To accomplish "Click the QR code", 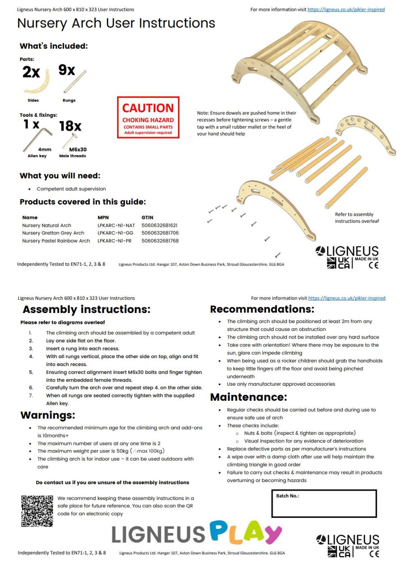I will [37, 511].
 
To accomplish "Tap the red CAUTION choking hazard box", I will [148, 118].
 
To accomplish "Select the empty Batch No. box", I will [324, 504].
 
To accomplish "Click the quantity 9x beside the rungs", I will [67, 70].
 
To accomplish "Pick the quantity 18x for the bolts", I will [70, 126].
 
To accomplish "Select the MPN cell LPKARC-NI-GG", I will [115, 233].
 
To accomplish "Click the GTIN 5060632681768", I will [160, 241].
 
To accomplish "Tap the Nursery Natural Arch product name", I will [47, 225].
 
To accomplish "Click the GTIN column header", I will [147, 217].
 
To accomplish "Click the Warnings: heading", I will [48, 415].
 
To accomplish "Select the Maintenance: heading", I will [249, 397].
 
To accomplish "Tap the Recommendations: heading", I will [262, 309].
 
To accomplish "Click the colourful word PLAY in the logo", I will [246, 532].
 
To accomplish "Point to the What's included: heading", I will [54, 46].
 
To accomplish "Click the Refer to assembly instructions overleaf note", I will [356, 218].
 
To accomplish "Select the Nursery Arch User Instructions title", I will [116, 24].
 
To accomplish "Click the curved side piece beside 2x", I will [37, 82].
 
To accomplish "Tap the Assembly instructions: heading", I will [87, 310].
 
